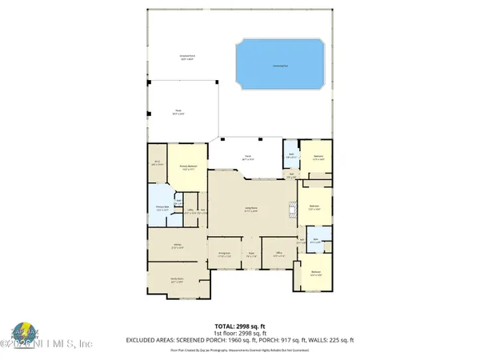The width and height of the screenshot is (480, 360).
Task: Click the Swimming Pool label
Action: [281, 66]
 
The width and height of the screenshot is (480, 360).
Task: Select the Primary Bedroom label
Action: [190, 168]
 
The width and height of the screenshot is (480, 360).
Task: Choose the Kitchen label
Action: [177, 247]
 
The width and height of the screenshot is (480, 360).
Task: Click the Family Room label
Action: [177, 281]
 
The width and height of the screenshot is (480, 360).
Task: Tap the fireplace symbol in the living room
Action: [290, 211]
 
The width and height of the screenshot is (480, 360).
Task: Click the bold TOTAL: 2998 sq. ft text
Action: [239, 326]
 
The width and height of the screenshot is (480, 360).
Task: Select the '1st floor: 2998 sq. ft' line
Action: [239, 334]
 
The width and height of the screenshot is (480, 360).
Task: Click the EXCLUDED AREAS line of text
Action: [239, 341]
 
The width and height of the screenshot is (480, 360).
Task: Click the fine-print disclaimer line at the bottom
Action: [239, 350]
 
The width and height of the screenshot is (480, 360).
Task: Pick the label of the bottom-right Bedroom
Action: [317, 274]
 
